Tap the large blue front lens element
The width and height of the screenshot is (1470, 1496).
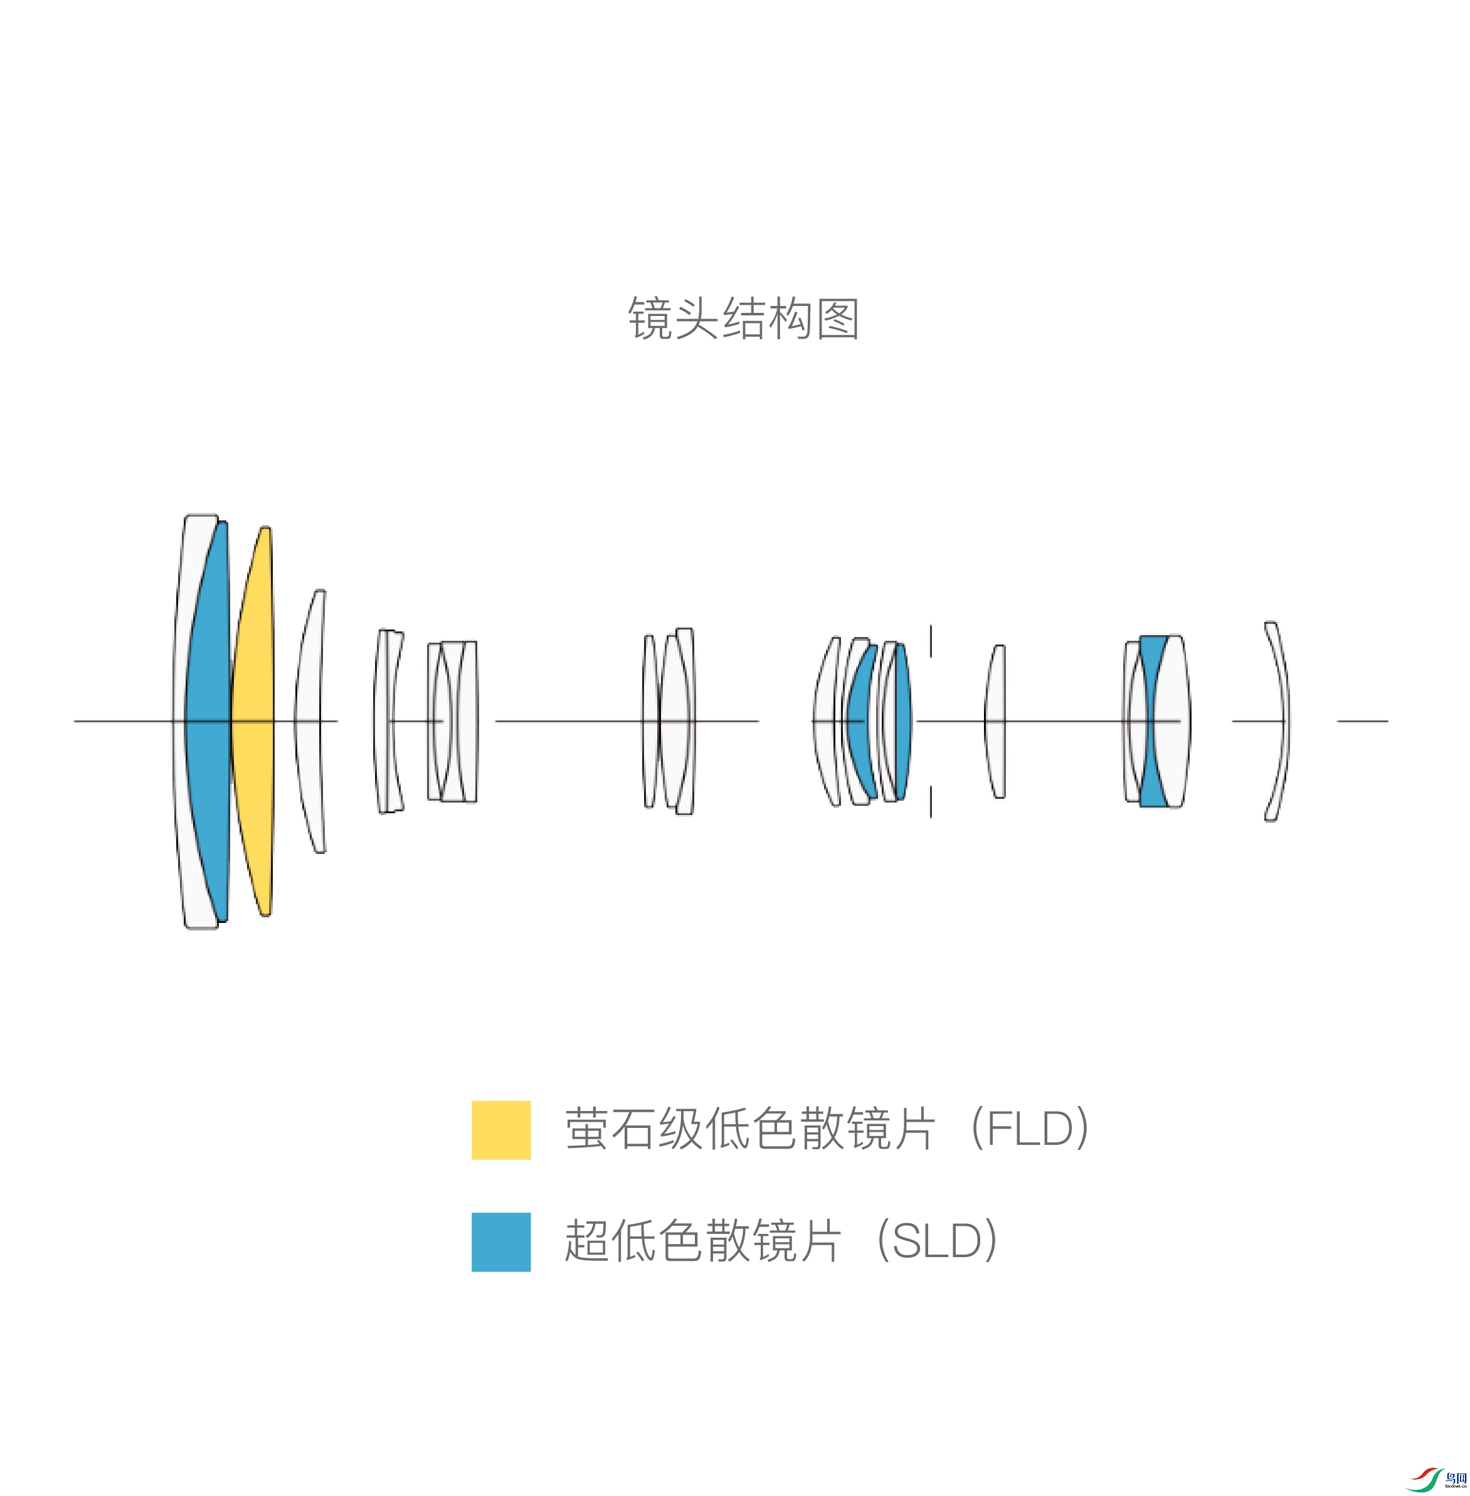[207, 722]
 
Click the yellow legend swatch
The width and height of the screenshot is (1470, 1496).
[501, 1129]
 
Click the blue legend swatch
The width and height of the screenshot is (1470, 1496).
[501, 1241]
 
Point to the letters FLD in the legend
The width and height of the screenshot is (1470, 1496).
[1029, 1129]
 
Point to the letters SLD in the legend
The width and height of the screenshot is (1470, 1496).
[936, 1241]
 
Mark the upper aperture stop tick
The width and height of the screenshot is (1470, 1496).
[931, 641]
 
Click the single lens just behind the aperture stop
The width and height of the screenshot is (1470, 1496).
[996, 722]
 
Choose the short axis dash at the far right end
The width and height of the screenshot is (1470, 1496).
[1363, 721]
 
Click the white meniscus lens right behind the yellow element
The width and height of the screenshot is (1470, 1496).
[309, 722]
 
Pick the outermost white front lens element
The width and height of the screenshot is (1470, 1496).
[179, 722]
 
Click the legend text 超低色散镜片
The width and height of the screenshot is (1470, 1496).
[702, 1241]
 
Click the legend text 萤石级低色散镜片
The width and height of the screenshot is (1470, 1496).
[749, 1129]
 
